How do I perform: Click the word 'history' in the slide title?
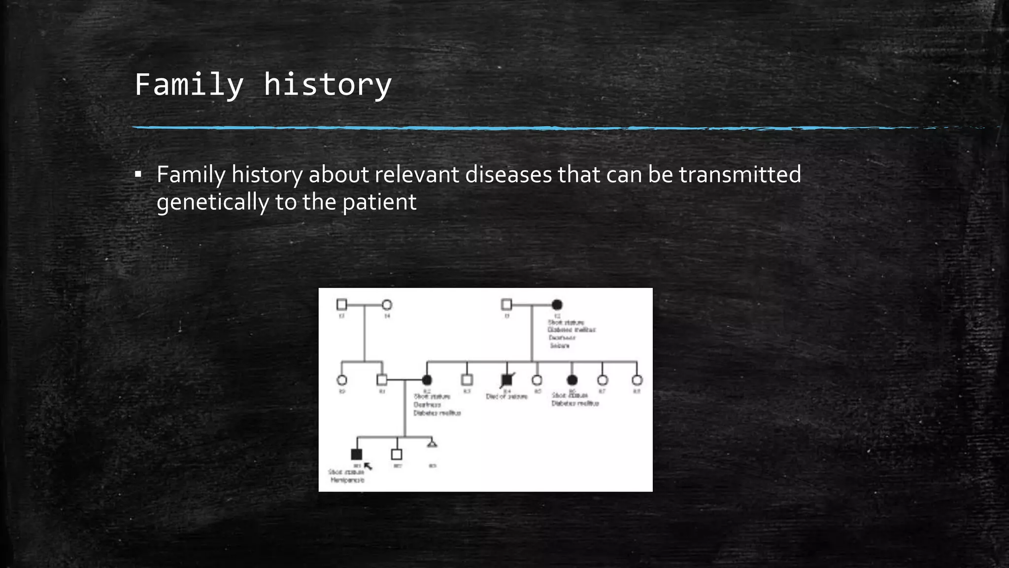(x=328, y=85)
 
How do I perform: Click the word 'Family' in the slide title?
(x=189, y=85)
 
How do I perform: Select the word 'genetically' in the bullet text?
(x=212, y=202)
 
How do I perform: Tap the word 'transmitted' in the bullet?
(x=740, y=175)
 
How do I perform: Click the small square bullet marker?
(x=138, y=175)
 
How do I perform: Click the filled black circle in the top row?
(x=557, y=305)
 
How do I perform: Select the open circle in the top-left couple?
(x=387, y=305)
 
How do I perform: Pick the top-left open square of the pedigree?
(x=341, y=305)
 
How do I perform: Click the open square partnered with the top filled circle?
(x=506, y=304)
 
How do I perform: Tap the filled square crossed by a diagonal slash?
(x=506, y=380)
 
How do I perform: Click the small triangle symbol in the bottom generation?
(x=432, y=444)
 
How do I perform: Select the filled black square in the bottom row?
(x=356, y=454)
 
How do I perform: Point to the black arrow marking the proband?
(x=368, y=466)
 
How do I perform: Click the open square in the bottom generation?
(x=397, y=454)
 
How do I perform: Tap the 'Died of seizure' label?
(x=506, y=396)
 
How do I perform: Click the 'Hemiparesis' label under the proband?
(x=347, y=480)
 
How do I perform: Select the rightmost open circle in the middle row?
(x=637, y=380)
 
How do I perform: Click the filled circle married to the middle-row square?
(x=427, y=380)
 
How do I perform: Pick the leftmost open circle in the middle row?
(x=341, y=380)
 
